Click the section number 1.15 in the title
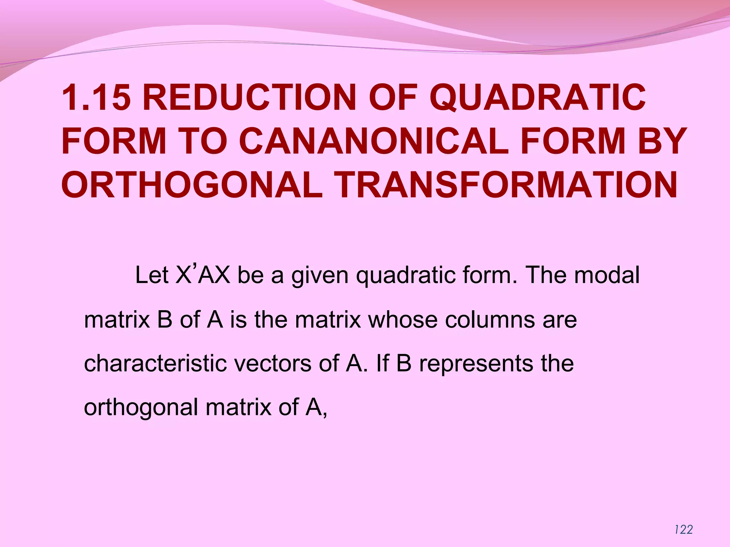click(x=95, y=97)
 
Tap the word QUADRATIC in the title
click(x=538, y=97)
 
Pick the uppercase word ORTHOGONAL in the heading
click(x=192, y=185)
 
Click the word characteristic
click(x=155, y=363)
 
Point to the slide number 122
click(x=683, y=530)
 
